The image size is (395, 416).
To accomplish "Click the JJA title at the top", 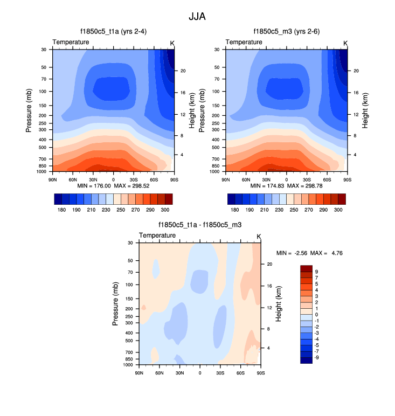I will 197,17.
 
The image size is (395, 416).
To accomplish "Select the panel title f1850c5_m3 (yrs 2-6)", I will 286,32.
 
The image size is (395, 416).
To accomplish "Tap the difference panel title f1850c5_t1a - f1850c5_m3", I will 200,225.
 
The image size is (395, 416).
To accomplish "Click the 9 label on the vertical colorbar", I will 316,272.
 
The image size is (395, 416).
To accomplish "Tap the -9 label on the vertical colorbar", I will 317,357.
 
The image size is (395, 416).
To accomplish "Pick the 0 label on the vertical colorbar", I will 316,314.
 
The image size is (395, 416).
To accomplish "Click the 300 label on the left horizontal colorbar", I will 165,209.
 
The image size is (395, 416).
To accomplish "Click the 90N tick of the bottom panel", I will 139,372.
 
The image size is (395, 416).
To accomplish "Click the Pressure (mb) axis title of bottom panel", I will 115,303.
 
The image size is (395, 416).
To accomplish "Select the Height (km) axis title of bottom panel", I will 279,303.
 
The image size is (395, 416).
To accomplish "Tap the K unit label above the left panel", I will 172,43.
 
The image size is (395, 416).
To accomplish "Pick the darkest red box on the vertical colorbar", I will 306,268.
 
